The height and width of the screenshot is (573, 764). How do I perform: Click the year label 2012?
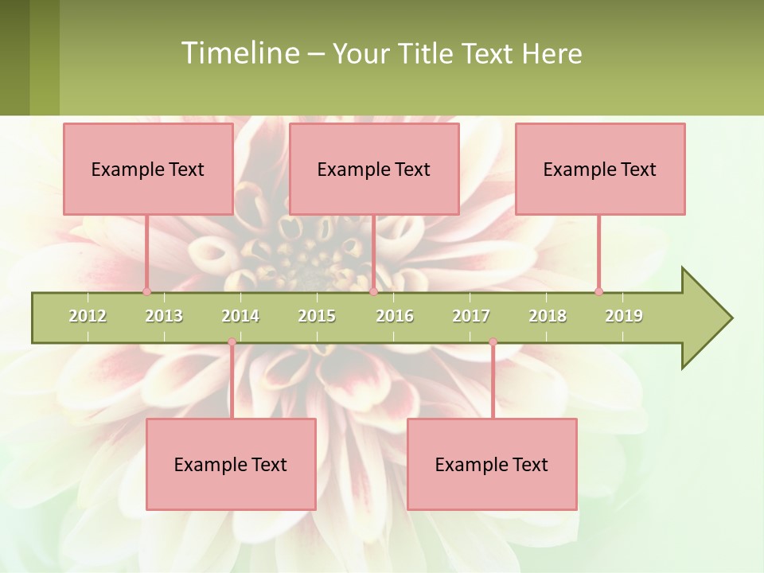[88, 316]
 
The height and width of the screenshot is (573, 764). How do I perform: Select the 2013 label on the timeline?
[164, 316]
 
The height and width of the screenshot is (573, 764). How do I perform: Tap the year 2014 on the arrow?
[240, 316]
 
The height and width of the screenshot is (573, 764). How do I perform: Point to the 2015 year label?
[317, 316]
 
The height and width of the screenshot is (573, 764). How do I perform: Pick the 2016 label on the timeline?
[395, 316]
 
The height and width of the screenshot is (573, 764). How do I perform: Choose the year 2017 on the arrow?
[471, 316]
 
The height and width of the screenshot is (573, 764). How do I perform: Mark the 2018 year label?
[548, 316]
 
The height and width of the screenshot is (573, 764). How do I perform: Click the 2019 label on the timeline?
[624, 316]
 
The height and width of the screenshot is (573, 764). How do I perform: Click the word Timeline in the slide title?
[239, 53]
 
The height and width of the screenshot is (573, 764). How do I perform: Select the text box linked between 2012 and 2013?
[148, 169]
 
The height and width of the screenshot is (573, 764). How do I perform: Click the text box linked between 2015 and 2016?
[374, 169]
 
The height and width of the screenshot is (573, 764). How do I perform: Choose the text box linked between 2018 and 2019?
[600, 169]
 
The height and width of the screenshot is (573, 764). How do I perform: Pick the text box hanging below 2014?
[231, 464]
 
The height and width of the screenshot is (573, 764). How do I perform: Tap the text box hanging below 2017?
[492, 464]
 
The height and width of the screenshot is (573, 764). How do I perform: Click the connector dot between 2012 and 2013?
[146, 291]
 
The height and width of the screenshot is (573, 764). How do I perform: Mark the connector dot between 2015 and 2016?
[373, 291]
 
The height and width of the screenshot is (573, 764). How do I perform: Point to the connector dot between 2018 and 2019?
[598, 291]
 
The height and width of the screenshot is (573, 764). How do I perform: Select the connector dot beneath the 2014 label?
[232, 342]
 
